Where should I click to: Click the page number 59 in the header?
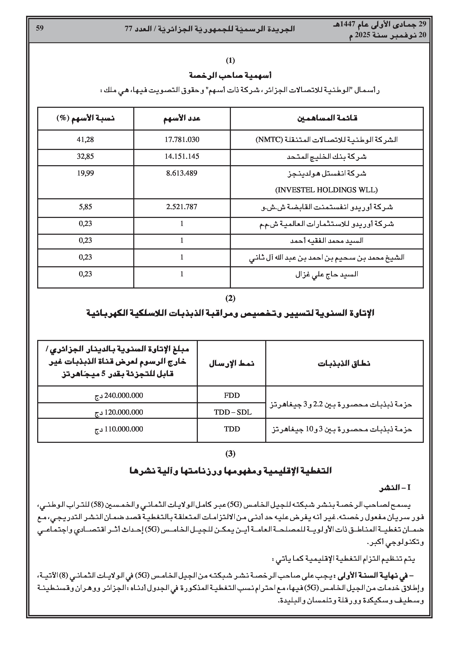(40, 28)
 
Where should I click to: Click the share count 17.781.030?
(182, 140)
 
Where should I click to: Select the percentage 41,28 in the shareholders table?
(85, 140)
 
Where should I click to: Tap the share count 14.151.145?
(182, 156)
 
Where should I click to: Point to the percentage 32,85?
(85, 156)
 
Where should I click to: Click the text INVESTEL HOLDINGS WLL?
(326, 190)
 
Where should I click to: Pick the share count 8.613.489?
(182, 173)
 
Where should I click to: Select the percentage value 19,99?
(85, 173)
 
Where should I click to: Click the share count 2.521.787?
(182, 207)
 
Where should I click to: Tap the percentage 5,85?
(85, 207)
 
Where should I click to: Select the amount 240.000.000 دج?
(119, 396)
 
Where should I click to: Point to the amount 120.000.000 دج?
(119, 412)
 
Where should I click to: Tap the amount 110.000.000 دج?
(119, 429)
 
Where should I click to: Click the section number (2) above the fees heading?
(230, 298)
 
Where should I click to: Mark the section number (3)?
(230, 454)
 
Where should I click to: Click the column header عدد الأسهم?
(182, 118)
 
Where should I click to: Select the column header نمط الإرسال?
(232, 364)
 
